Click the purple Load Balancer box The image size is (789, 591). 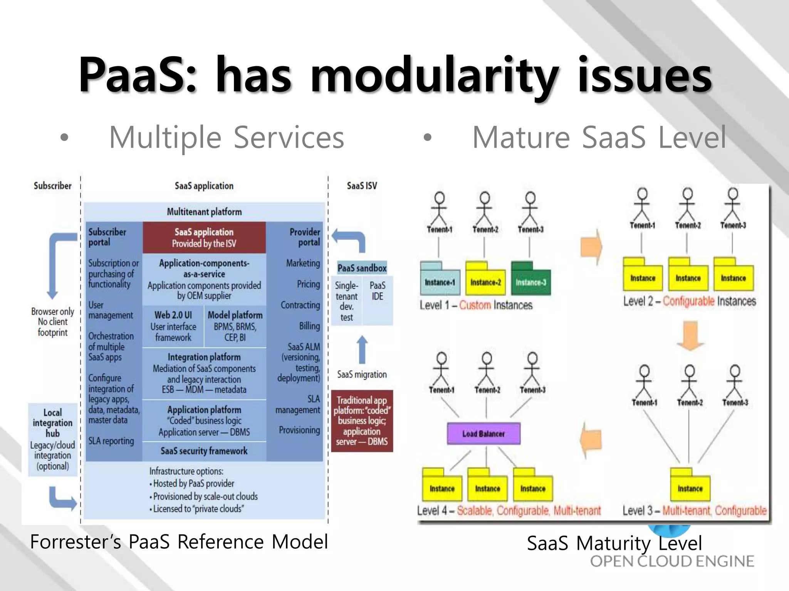coord(483,434)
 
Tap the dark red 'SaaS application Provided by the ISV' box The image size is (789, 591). coord(204,237)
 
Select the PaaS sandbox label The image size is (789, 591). coord(362,268)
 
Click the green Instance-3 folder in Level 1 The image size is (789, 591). coord(531,279)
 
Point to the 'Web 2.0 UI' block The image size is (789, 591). coord(173,326)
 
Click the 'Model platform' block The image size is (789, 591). coord(235,326)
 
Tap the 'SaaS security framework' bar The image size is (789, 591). coord(204,451)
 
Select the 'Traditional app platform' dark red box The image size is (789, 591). coord(362,421)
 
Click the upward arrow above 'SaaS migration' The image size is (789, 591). coord(362,349)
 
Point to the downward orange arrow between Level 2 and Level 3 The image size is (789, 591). coord(690,336)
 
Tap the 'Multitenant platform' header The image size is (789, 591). coord(204,212)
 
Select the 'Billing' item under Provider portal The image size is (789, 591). coord(309,326)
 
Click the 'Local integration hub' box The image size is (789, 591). coord(53,439)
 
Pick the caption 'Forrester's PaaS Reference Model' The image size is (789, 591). coord(179,542)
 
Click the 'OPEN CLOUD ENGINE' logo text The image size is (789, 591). coord(672,561)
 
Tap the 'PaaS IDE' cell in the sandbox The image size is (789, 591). coord(377,291)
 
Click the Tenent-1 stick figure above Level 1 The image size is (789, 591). coord(439,210)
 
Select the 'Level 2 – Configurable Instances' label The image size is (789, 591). coord(689,301)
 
